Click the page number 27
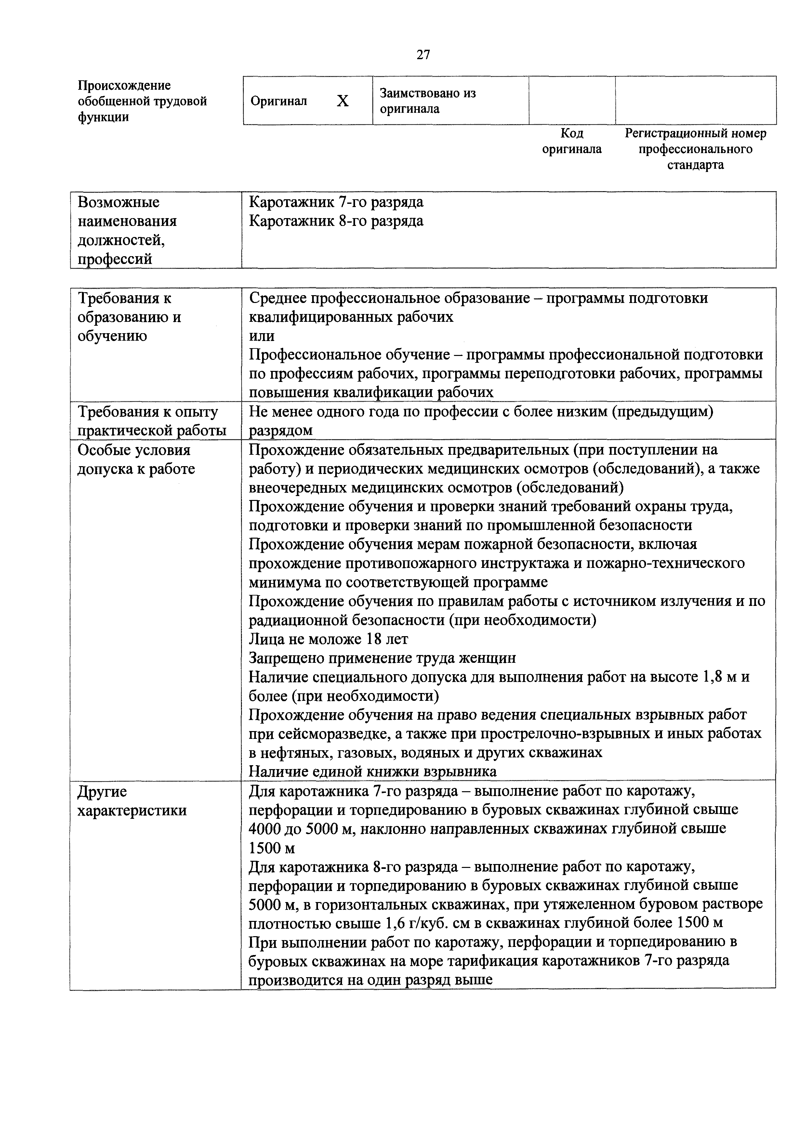click(423, 55)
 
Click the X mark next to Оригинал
click(343, 101)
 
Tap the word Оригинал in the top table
click(279, 101)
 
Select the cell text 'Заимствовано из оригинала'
click(428, 101)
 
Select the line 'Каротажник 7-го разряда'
click(336, 202)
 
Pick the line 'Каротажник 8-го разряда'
click(336, 221)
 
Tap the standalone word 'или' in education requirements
click(262, 336)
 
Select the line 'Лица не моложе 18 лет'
click(328, 639)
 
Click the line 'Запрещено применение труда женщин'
click(382, 658)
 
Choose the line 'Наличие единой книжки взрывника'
click(373, 772)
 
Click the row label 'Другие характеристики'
click(132, 800)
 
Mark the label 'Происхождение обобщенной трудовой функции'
click(142, 101)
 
